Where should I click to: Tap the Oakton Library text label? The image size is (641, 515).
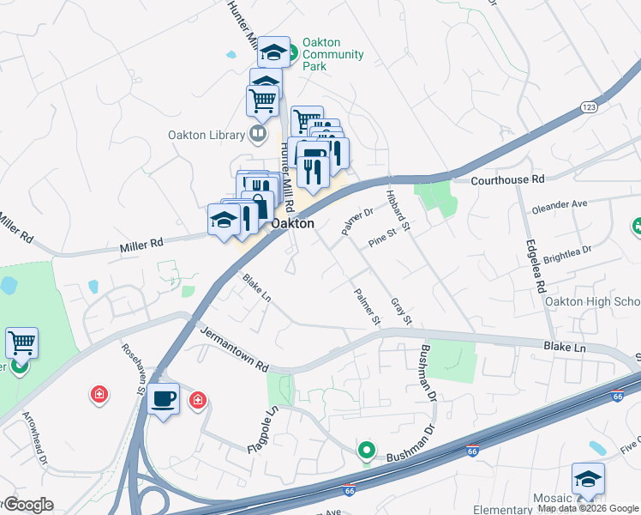(205, 135)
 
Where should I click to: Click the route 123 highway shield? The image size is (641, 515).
(588, 106)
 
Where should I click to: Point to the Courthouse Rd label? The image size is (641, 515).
(508, 180)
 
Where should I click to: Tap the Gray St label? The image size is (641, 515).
(402, 312)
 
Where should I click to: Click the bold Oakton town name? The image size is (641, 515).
(293, 223)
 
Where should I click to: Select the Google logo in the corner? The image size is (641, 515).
(27, 505)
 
